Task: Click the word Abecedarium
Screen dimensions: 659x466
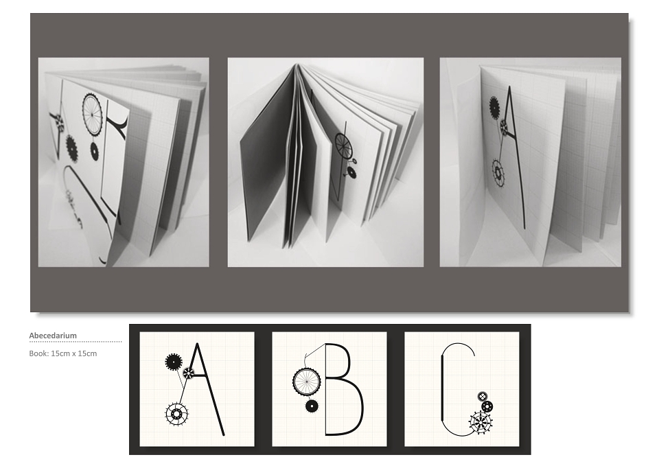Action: pyautogui.click(x=53, y=336)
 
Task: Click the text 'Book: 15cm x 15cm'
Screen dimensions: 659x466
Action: pyautogui.click(x=63, y=353)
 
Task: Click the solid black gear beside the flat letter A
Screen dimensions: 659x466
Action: pyautogui.click(x=173, y=362)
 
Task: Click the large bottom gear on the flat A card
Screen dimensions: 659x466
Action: pyautogui.click(x=176, y=415)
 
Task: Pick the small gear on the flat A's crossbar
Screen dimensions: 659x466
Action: pyautogui.click(x=188, y=372)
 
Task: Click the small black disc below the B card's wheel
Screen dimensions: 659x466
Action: pyautogui.click(x=312, y=406)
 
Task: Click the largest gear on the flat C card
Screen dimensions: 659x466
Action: pyautogui.click(x=481, y=422)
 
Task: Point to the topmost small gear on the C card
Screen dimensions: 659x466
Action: pyautogui.click(x=483, y=396)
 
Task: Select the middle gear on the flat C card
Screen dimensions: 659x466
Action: pyautogui.click(x=487, y=406)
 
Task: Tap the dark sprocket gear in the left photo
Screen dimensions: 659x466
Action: pyautogui.click(x=72, y=148)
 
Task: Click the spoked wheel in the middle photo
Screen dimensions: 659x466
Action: pyautogui.click(x=343, y=145)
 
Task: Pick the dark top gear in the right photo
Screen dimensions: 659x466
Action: pyautogui.click(x=494, y=106)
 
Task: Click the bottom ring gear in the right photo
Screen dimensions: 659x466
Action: pyautogui.click(x=498, y=172)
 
